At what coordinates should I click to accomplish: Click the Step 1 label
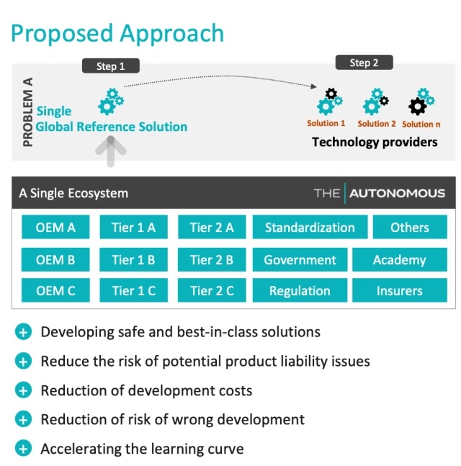111,66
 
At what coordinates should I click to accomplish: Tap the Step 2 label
364,63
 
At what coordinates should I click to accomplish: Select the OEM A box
55,228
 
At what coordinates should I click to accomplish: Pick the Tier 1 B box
133,259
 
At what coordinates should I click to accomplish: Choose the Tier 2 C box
212,291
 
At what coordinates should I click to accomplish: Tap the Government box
300,259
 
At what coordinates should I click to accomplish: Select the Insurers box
399,291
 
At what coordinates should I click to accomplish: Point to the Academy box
399,259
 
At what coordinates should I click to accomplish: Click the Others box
410,228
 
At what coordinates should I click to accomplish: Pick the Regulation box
300,291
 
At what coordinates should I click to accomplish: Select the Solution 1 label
326,124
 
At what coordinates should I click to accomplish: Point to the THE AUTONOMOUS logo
379,193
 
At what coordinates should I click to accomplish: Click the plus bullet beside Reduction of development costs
24,390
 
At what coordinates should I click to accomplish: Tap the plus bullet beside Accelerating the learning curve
24,449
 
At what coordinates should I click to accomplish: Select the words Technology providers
374,142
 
